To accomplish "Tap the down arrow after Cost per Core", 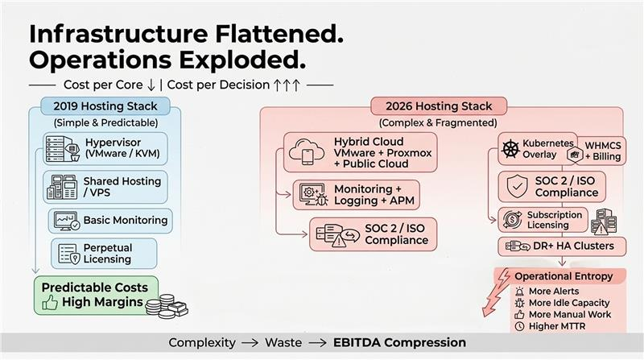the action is click(x=151, y=85).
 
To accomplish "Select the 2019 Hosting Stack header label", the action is click(x=105, y=106).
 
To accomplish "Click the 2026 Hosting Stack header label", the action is click(x=439, y=106).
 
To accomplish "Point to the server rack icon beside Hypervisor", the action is click(x=62, y=149).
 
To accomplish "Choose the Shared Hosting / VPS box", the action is click(x=105, y=187).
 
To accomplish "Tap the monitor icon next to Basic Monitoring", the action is click(x=67, y=221).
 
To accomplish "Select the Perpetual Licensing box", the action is click(x=104, y=254).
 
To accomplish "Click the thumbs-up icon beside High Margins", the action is click(x=50, y=303).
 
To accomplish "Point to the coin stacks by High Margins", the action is click(x=167, y=306).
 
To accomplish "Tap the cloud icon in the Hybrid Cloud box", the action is click(x=307, y=151).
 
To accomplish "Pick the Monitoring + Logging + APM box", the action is click(x=356, y=195).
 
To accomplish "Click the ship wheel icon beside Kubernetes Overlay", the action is click(x=510, y=149).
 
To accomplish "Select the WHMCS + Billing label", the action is click(x=603, y=151).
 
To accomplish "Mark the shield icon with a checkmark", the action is click(x=517, y=186).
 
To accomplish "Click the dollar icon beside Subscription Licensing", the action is click(x=512, y=220).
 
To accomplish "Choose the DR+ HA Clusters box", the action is click(x=562, y=246).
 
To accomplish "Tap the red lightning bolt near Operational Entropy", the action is click(x=496, y=292).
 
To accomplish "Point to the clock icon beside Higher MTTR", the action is click(x=519, y=326).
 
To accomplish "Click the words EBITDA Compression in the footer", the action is click(x=399, y=342).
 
